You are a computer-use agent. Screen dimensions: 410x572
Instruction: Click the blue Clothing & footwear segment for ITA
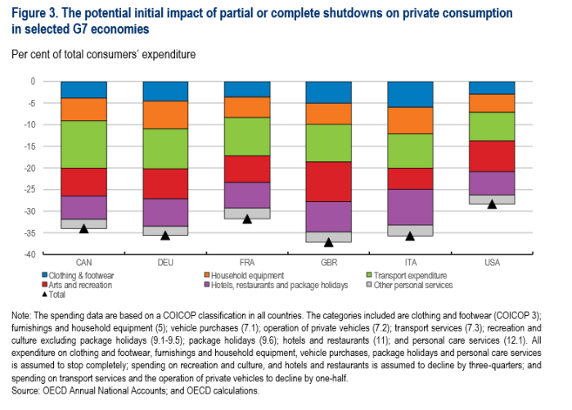tap(410, 94)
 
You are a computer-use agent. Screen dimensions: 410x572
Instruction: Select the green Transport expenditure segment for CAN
tap(83, 144)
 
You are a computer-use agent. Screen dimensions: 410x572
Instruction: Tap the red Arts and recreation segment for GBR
tap(328, 182)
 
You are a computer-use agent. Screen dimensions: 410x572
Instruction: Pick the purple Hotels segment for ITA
tap(410, 207)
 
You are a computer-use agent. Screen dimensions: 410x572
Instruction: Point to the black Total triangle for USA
tap(492, 204)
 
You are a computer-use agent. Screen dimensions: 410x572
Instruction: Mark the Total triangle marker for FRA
tap(246, 219)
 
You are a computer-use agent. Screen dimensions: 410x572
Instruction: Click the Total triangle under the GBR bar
tap(328, 242)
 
